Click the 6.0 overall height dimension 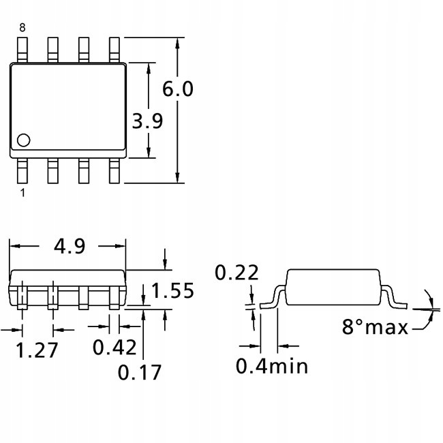178,90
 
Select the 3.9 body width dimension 147,121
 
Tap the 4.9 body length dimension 68,246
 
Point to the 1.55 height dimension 173,290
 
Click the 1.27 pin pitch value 37,350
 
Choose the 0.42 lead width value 114,347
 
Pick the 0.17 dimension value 140,372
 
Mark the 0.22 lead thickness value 236,273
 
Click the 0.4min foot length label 272,366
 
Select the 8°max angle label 374,327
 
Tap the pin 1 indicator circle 23,140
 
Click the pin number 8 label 22,27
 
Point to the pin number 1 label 22,194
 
